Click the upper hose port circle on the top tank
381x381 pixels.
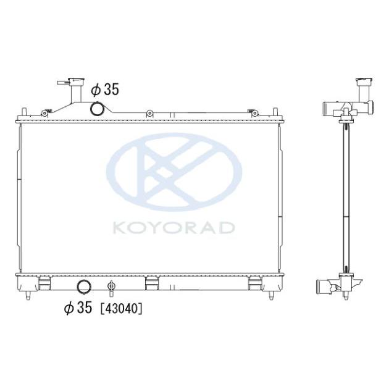[x=98, y=109]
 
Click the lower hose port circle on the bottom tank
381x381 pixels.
[x=83, y=287]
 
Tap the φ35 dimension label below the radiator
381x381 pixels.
[x=78, y=307]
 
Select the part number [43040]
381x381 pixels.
[x=122, y=307]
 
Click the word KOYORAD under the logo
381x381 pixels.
[x=174, y=228]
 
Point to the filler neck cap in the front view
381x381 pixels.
[x=67, y=82]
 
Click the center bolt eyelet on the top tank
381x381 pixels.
[x=149, y=113]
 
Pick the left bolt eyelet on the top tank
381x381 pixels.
[x=44, y=112]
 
